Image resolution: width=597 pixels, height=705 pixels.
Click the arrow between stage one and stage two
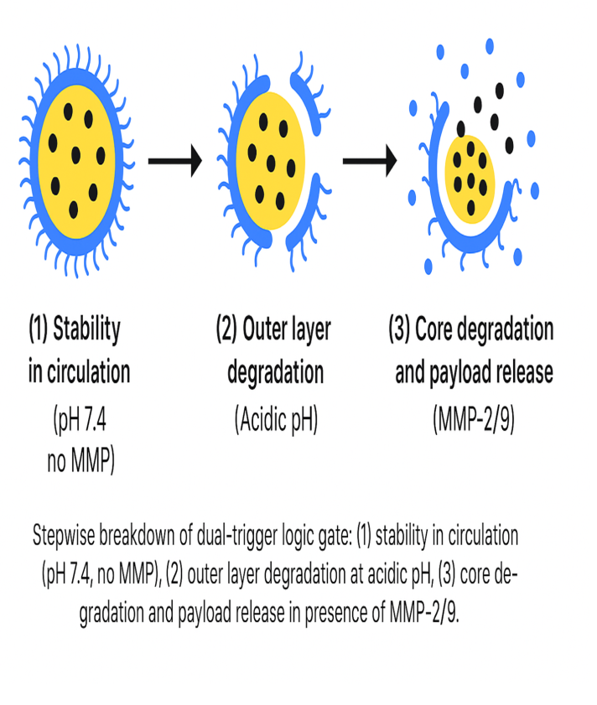pyautogui.click(x=175, y=161)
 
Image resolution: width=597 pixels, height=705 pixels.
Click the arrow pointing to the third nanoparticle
pyautogui.click(x=370, y=161)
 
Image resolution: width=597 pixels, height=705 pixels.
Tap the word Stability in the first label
pyautogui.click(x=87, y=329)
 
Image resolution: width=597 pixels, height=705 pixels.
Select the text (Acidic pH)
pyautogui.click(x=276, y=419)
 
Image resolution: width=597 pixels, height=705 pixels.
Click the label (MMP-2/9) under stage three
pyautogui.click(x=474, y=419)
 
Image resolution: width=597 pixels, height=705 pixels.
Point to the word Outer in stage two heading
pyautogui.click(x=263, y=329)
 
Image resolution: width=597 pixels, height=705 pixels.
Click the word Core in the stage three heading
pyautogui.click(x=433, y=329)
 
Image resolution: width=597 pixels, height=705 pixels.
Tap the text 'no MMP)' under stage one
pyautogui.click(x=81, y=461)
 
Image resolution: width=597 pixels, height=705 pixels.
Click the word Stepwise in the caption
pyautogui.click(x=64, y=537)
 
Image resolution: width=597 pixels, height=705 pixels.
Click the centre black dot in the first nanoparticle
pyautogui.click(x=76, y=156)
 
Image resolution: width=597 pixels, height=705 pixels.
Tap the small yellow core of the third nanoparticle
pyautogui.click(x=470, y=179)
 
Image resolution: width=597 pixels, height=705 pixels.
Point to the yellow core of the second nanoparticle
pyautogui.click(x=270, y=161)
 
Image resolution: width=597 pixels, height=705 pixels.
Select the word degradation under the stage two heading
pyautogui.click(x=275, y=373)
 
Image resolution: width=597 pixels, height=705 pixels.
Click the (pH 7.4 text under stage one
pyautogui.click(x=80, y=419)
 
